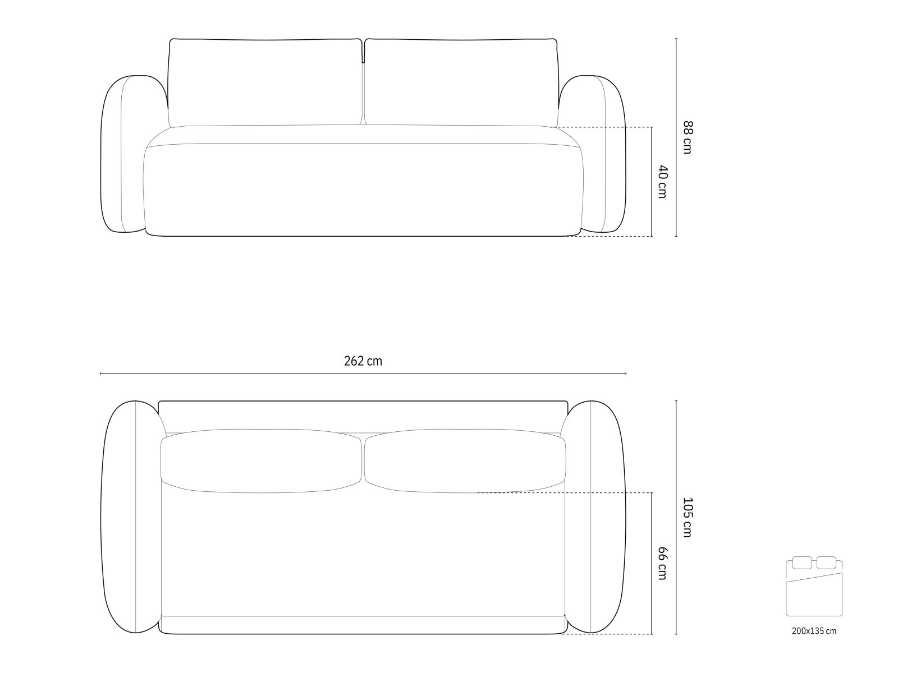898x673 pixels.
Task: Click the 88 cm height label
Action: coord(687,137)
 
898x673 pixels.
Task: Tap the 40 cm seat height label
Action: coord(662,182)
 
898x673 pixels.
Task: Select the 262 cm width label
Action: coord(363,361)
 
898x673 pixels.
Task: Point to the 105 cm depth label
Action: coord(687,517)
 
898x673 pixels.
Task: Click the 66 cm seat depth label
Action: coord(662,564)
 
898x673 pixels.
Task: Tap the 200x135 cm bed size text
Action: coord(814,642)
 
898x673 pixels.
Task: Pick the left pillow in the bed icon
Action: coord(802,563)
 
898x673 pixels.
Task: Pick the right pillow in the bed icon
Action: coord(826,563)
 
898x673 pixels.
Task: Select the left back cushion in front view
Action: coord(265,82)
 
